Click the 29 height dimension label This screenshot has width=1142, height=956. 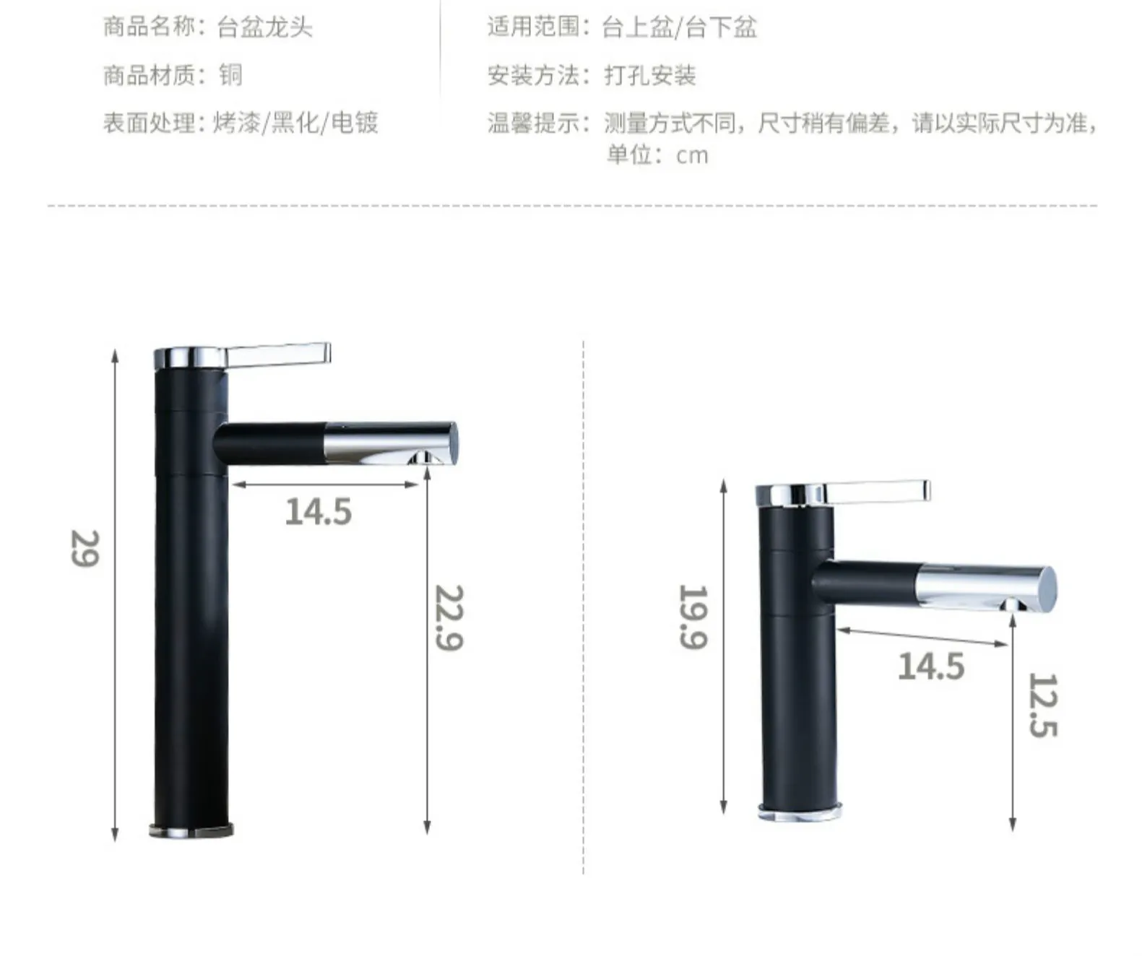[85, 548]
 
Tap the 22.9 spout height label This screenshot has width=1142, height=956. [449, 617]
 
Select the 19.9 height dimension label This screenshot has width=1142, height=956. [693, 617]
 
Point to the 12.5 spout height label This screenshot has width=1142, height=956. [1042, 705]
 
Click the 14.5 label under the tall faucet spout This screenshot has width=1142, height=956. [318, 512]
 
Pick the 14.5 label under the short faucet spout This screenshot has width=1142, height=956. [930, 666]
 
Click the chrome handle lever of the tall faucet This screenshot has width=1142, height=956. [278, 354]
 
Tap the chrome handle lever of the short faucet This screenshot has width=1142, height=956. [878, 491]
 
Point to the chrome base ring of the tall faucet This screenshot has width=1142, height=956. [191, 830]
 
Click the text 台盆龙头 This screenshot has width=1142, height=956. [264, 27]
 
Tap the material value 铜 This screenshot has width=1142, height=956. [230, 75]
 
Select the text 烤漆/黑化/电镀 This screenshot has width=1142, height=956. [295, 123]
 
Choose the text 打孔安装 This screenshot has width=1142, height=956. [649, 75]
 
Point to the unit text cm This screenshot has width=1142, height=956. [692, 155]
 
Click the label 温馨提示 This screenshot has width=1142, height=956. [533, 123]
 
